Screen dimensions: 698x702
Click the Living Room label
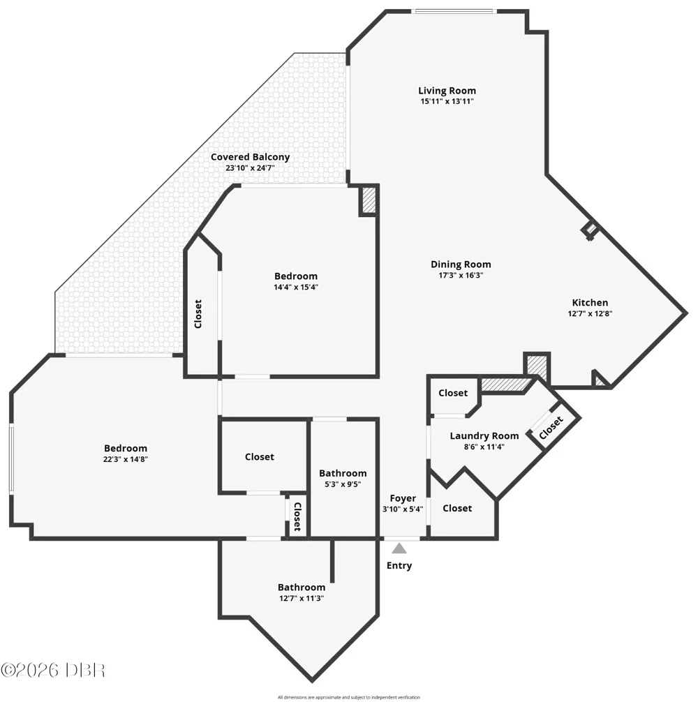pos(447,91)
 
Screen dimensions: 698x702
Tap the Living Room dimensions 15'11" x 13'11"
pos(447,101)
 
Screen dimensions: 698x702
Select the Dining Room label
pos(461,264)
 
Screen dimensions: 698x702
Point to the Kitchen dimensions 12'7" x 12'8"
pos(590,313)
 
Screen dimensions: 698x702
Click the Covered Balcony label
pos(251,157)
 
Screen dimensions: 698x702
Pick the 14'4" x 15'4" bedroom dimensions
pos(295,287)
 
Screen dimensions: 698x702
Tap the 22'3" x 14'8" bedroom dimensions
pos(126,459)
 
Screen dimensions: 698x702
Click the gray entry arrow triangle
pos(399,548)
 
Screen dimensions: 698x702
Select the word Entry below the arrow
pos(399,565)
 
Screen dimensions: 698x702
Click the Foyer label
pos(403,498)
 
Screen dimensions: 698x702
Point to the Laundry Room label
pos(484,435)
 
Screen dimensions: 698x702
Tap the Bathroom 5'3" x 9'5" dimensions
pos(343,484)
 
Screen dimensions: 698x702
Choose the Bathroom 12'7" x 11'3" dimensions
pos(302,598)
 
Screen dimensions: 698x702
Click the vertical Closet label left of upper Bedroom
pos(198,314)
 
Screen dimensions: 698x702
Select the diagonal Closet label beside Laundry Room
pos(551,428)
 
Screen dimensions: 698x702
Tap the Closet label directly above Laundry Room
pos(452,393)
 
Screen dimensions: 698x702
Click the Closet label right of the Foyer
pos(457,508)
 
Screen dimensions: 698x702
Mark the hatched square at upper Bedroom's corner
pos(369,200)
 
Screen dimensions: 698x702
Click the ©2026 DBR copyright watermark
pos(53,670)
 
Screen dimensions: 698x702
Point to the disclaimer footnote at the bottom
pos(349,697)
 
